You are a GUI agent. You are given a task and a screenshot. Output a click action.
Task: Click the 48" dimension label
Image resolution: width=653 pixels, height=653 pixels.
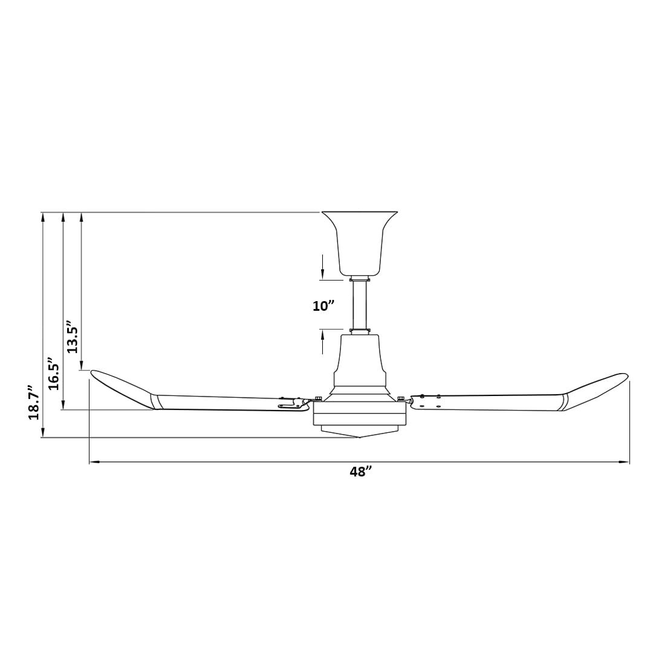[360, 472]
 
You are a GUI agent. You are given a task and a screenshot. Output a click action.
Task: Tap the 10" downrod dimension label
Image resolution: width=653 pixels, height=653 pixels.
[323, 306]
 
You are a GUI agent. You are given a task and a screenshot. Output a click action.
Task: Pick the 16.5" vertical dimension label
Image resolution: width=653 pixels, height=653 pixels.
[53, 373]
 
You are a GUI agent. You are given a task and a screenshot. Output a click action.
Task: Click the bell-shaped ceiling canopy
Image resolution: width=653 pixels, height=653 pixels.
[359, 244]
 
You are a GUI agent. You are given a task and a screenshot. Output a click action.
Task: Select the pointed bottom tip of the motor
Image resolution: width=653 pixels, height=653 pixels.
[359, 438]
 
